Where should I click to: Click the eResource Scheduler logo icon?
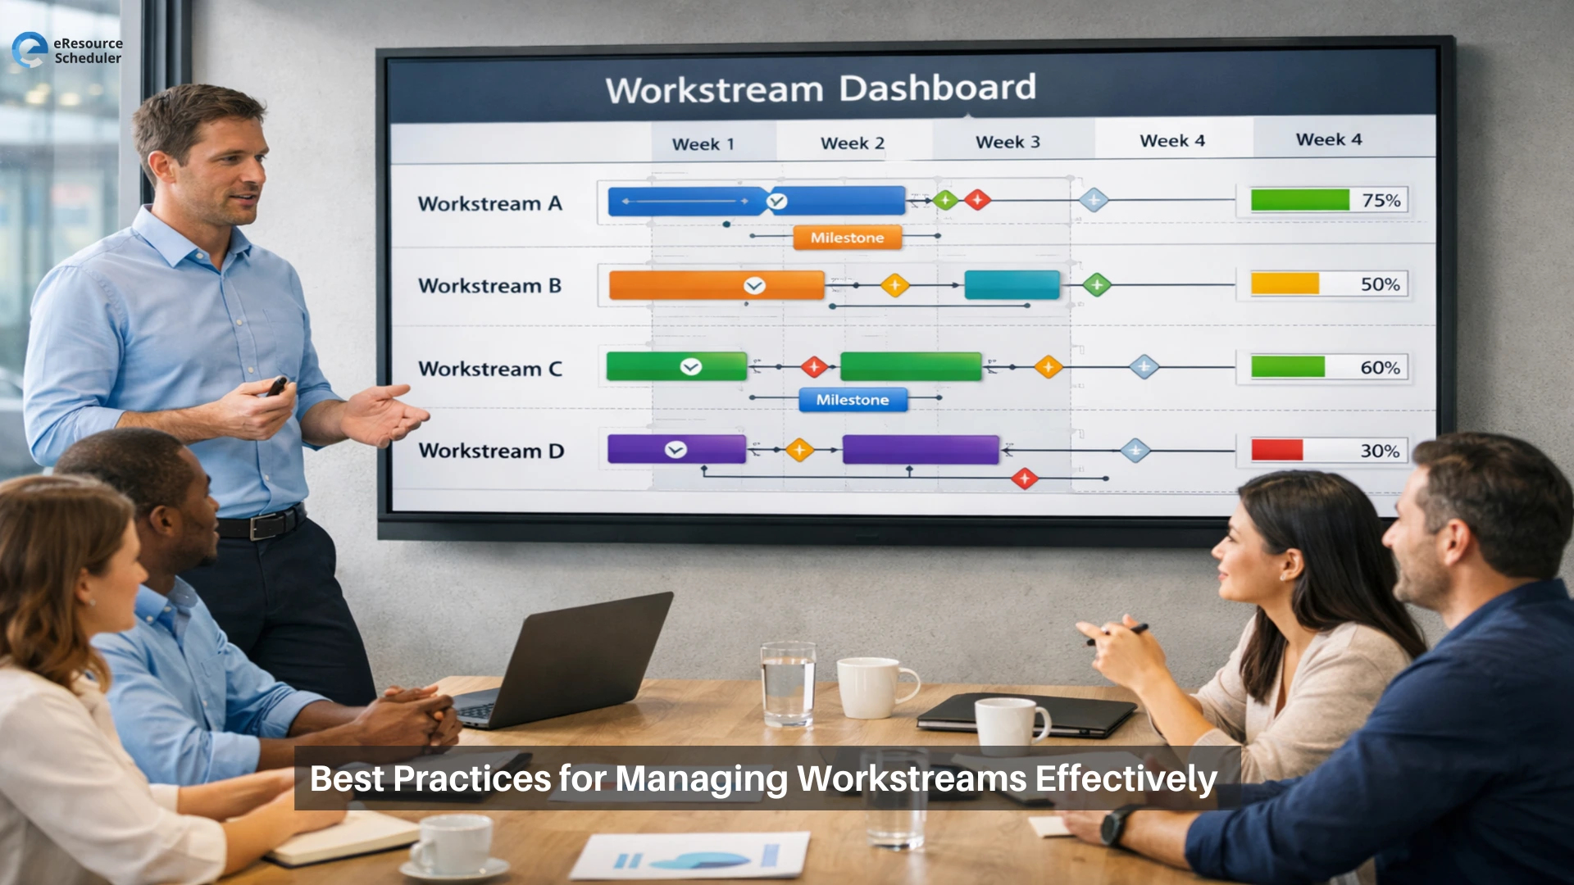[x=30, y=49]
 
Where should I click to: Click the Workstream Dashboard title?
[x=821, y=88]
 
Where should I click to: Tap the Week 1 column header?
[x=703, y=144]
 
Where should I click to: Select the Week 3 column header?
[x=1008, y=143]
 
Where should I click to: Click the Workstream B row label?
[x=489, y=286]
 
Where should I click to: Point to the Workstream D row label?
[x=491, y=451]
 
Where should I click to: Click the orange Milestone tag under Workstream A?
[x=847, y=238]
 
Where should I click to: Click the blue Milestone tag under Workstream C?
[x=853, y=400]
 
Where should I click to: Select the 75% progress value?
[x=1381, y=201]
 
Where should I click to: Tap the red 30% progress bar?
[x=1276, y=450]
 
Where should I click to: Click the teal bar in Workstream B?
[x=1012, y=285]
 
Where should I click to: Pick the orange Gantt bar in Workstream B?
[x=716, y=285]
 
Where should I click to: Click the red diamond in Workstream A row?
[x=977, y=199]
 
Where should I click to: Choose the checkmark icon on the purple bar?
[x=676, y=450]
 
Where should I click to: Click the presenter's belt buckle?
[x=263, y=526]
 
